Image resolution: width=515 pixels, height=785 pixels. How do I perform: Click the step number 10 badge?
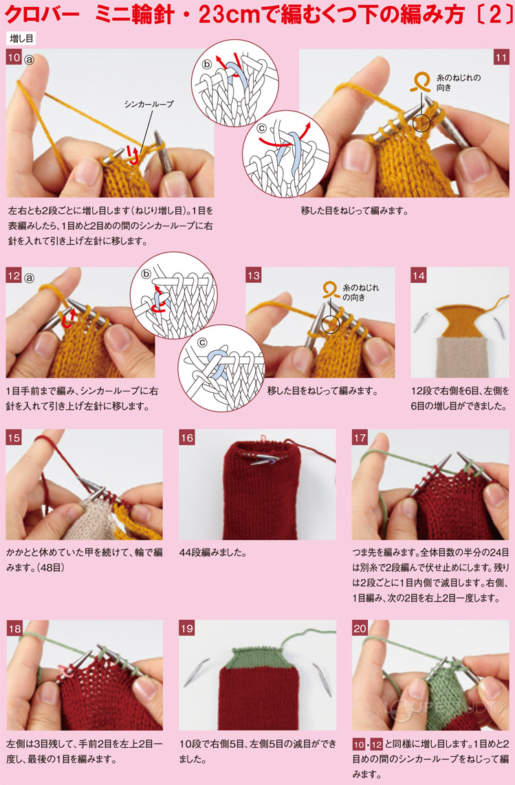14,57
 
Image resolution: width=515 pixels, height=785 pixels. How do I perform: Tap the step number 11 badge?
501,58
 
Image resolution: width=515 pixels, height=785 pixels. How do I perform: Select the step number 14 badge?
419,275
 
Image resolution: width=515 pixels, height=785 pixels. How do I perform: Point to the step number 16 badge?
187,438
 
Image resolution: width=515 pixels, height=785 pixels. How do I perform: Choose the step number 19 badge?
187,628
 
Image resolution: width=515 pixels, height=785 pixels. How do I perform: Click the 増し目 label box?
21,39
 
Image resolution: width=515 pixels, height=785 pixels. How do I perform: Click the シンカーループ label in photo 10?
149,104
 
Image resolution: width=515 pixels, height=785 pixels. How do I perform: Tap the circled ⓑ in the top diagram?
207,64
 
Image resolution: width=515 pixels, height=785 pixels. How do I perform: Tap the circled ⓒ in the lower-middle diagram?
201,343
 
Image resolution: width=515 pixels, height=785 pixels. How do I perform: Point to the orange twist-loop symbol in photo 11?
420,83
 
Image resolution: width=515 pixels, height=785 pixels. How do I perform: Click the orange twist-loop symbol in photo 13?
331,290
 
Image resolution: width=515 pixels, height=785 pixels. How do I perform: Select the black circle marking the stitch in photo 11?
421,123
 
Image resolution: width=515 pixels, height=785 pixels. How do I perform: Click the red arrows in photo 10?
132,155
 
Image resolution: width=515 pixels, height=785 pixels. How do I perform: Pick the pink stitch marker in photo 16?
262,438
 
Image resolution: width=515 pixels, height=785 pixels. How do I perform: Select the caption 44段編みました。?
213,553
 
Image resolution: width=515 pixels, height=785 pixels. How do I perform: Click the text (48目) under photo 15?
47,568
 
